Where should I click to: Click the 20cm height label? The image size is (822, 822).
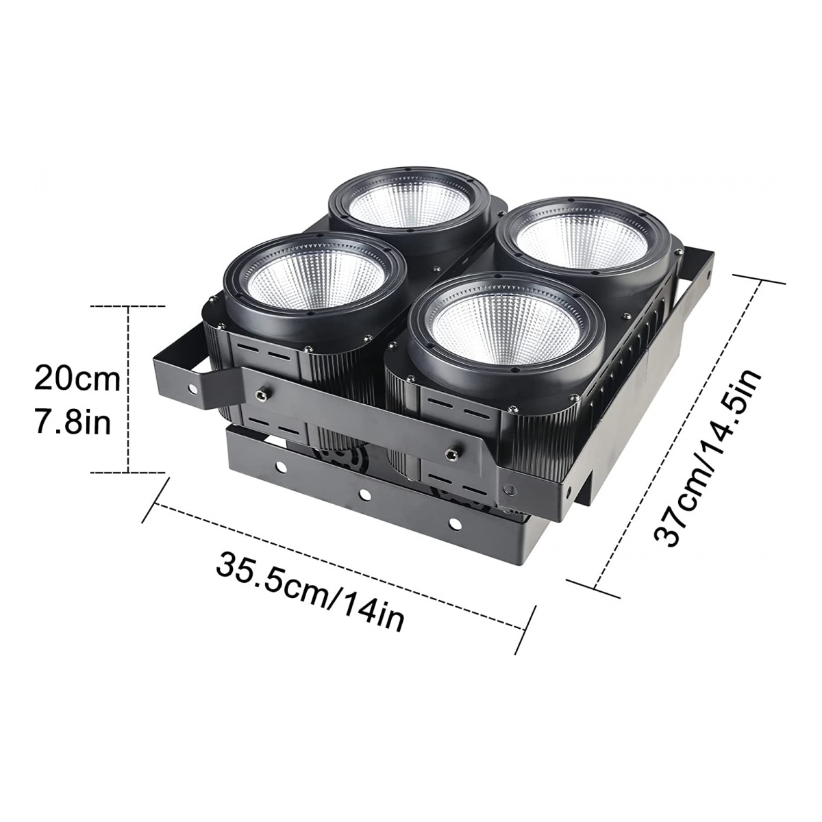tap(77, 379)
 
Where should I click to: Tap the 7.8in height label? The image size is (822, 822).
tap(73, 423)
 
